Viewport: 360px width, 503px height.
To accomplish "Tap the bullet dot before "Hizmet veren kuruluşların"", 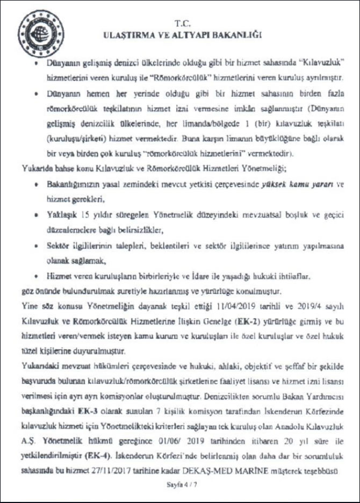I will click(35, 276).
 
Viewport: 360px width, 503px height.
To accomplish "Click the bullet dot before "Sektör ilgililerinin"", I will click(35, 245).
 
